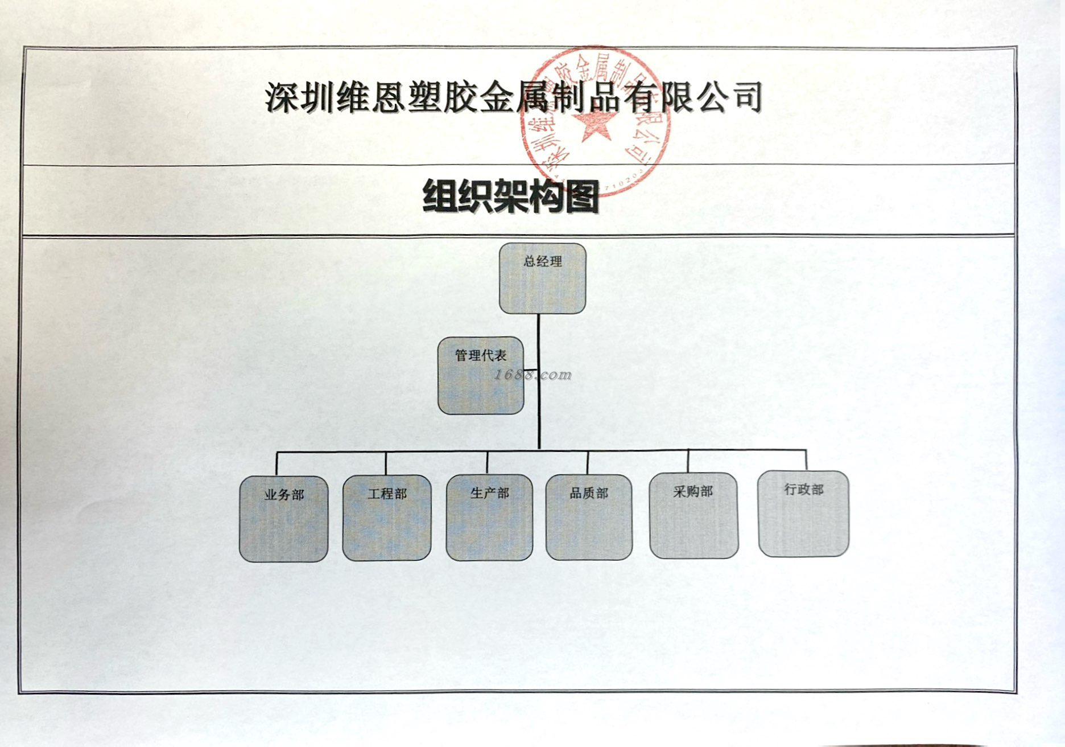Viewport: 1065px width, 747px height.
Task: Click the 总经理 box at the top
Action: click(x=542, y=279)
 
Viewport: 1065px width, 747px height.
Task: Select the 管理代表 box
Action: click(x=481, y=376)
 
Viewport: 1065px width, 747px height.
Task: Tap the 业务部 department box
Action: click(x=283, y=519)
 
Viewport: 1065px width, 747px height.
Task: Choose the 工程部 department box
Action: click(x=387, y=518)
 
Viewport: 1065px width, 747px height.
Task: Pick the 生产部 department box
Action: click(x=489, y=518)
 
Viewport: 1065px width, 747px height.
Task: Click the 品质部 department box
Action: click(x=589, y=518)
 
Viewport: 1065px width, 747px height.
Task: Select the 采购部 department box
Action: click(x=694, y=515)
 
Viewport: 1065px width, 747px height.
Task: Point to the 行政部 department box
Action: click(x=803, y=514)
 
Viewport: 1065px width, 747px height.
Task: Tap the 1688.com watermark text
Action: click(x=532, y=375)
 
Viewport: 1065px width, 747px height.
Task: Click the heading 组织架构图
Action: click(x=510, y=197)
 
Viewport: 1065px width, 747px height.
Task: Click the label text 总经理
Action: click(x=543, y=262)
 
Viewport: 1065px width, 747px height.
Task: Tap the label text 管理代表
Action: click(x=481, y=356)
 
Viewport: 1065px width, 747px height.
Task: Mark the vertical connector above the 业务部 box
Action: click(x=277, y=464)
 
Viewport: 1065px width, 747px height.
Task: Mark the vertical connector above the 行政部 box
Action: click(x=806, y=460)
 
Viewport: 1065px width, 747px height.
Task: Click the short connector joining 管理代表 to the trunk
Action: click(x=530, y=370)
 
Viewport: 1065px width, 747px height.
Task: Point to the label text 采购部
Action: click(x=693, y=491)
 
